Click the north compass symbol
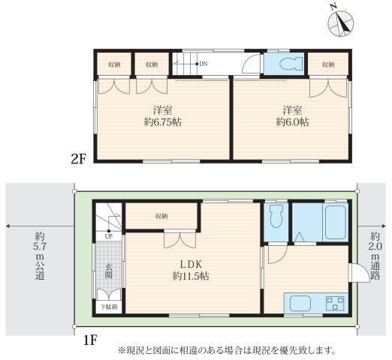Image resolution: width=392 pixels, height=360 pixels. click(x=340, y=23)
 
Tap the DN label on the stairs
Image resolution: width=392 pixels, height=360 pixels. click(x=204, y=64)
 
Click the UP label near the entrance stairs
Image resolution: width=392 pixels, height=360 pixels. click(x=109, y=236)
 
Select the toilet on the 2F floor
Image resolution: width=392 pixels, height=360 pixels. click(x=291, y=64)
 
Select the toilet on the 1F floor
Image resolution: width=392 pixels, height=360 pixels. click(x=276, y=217)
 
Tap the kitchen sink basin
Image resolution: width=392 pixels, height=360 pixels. click(x=300, y=303)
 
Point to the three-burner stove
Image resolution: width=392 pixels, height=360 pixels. click(x=335, y=303)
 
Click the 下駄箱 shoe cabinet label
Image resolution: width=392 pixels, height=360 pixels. click(x=109, y=307)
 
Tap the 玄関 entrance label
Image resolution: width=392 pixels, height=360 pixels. click(x=109, y=271)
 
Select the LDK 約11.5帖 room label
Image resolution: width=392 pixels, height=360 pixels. click(x=191, y=270)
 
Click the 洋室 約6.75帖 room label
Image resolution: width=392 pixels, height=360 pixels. click(x=163, y=116)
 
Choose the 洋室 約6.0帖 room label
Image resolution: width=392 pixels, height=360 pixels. click(x=292, y=116)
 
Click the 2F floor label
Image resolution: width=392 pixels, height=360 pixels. click(x=78, y=158)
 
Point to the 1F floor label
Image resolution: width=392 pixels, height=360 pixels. click(x=90, y=340)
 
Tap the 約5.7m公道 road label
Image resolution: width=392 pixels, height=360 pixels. click(x=40, y=256)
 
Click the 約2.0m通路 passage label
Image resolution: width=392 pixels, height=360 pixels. click(x=375, y=256)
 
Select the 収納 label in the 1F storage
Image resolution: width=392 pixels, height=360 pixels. click(x=161, y=216)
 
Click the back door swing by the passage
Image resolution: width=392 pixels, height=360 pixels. click(x=361, y=273)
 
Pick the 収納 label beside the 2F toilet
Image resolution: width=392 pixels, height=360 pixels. click(x=328, y=64)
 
